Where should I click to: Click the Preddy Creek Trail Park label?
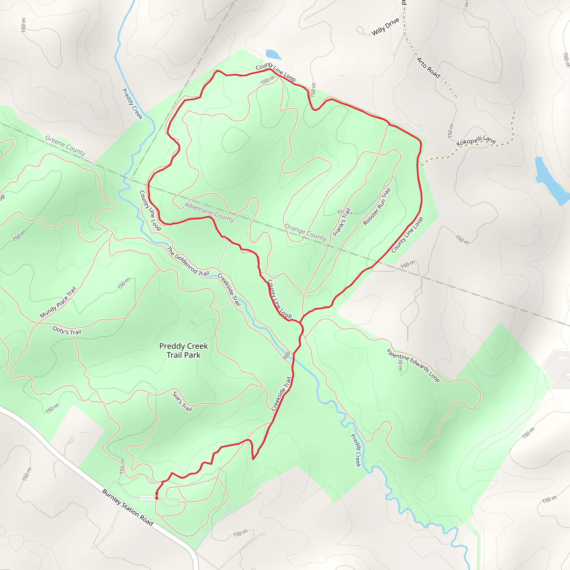click(183, 350)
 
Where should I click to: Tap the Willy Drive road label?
click(385, 26)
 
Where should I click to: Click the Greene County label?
click(65, 145)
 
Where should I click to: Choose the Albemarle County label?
click(210, 212)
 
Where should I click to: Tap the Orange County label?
click(305, 232)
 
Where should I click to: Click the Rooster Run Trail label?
click(377, 207)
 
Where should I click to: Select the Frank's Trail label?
click(342, 222)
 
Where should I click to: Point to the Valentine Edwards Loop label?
click(413, 365)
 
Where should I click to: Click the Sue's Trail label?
click(182, 402)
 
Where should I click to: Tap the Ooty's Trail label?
click(67, 330)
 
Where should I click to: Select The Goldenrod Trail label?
click(188, 261)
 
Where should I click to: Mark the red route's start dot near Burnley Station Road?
click(157, 498)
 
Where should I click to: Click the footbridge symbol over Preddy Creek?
click(286, 355)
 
